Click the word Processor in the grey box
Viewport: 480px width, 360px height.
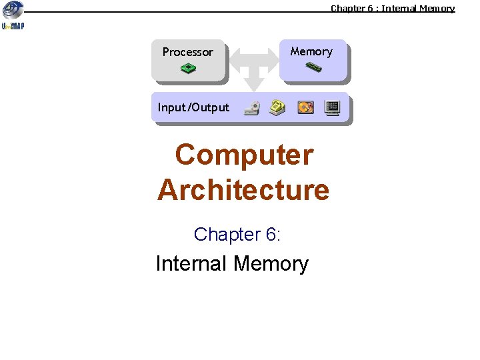pos(188,52)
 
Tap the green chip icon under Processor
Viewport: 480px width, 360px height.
pos(189,68)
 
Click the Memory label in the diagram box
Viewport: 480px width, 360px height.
pos(311,51)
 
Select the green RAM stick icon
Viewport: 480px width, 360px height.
pos(313,67)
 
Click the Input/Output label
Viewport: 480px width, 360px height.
pos(193,107)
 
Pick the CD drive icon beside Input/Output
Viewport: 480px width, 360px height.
pos(251,108)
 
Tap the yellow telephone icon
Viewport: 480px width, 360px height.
pos(277,107)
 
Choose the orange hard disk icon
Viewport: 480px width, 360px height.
pos(305,107)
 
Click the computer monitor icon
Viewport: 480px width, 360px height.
pos(332,107)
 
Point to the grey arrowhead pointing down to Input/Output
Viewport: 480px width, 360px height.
pos(253,84)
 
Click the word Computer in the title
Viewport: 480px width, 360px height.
pos(244,155)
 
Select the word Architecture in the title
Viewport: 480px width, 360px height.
pos(243,189)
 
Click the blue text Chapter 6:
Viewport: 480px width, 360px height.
pos(237,234)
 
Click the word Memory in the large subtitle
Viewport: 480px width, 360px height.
pos(271,263)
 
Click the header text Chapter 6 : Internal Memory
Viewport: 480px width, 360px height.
pos(393,8)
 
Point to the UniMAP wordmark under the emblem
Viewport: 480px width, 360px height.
pos(13,27)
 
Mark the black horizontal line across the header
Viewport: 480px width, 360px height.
pos(173,12)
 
